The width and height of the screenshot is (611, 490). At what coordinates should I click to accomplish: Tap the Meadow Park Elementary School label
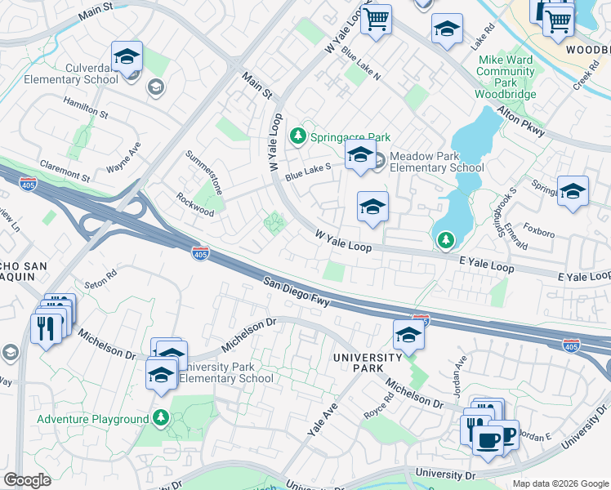[436, 162]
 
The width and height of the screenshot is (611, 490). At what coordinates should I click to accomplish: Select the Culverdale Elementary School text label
[65, 73]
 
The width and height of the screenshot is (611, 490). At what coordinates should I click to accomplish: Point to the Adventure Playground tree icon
[161, 419]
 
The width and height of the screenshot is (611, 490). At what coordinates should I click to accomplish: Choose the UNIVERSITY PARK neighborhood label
[367, 363]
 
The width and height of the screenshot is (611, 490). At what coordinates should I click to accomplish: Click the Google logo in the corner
[27, 480]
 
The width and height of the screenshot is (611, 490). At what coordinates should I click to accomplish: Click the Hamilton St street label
[86, 106]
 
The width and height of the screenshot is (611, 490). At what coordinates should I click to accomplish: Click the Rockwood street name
[195, 204]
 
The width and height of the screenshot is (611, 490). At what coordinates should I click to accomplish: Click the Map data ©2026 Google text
[560, 483]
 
